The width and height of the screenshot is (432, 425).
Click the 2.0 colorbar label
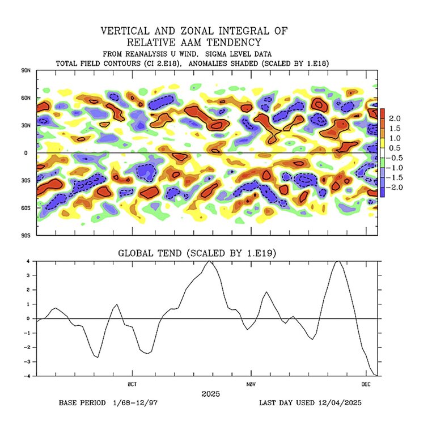point(396,118)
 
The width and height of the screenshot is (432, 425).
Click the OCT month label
point(132,384)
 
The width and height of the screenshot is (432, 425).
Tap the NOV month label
point(250,384)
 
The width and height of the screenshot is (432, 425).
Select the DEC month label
point(367,384)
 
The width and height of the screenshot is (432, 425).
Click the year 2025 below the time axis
point(210,393)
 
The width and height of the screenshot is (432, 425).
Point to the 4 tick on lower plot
point(28,261)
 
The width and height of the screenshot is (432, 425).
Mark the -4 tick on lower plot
point(27,376)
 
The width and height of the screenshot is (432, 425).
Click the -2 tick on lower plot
point(27,347)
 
